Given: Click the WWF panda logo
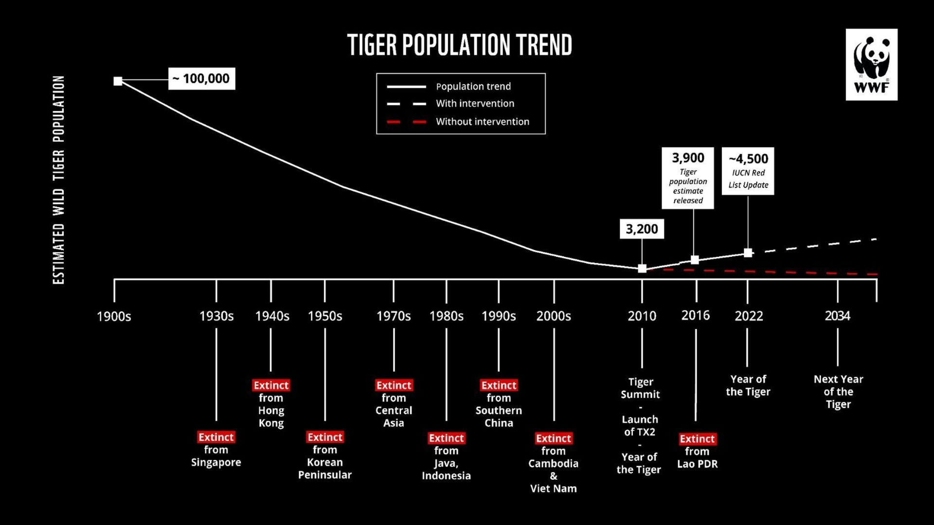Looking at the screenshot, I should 871,64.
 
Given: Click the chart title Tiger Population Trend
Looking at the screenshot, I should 459,45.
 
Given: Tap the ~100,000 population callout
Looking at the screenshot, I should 201,79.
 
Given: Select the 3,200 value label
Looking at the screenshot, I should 641,229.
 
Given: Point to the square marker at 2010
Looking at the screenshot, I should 642,269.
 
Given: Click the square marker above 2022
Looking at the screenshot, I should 748,253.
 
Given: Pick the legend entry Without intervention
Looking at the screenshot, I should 482,122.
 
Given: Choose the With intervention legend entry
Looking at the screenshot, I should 475,104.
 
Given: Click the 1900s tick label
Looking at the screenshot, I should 114,317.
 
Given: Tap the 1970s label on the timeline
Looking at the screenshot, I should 394,316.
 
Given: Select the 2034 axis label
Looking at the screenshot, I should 837,316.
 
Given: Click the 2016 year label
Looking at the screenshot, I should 695,316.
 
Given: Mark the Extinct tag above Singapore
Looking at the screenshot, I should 216,437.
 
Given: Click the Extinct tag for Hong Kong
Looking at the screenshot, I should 271,385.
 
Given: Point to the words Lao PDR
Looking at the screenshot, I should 697,464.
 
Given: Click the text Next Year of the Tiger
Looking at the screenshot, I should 838,392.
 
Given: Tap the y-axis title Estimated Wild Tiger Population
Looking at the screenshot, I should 59,180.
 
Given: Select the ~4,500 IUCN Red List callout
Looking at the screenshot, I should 748,171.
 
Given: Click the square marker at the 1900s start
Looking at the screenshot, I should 118,81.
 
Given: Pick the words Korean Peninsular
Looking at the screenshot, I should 324,469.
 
